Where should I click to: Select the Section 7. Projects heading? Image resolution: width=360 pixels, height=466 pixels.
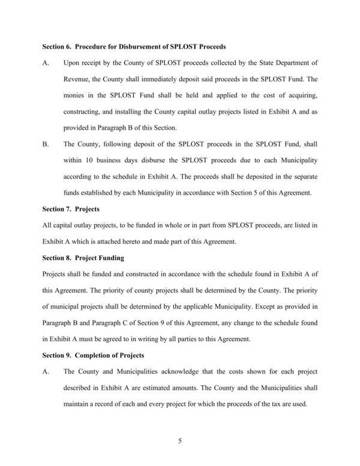[71, 209]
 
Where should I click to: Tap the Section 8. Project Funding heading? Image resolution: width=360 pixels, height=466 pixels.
[83, 258]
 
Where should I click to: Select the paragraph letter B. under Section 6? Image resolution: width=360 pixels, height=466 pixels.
[45, 144]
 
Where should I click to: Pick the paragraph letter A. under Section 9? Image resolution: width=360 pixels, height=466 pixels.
[45, 372]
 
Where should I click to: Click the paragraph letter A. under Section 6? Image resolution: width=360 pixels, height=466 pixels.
[45, 62]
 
